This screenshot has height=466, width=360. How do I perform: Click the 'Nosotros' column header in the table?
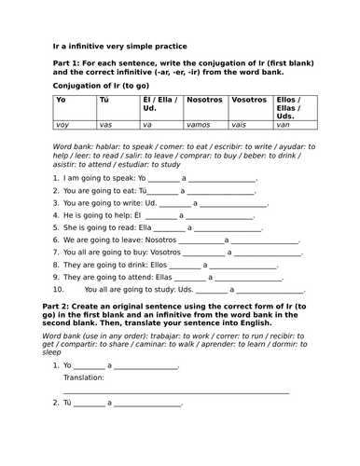pos(204,98)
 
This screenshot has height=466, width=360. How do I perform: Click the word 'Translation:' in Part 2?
pos(84,378)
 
